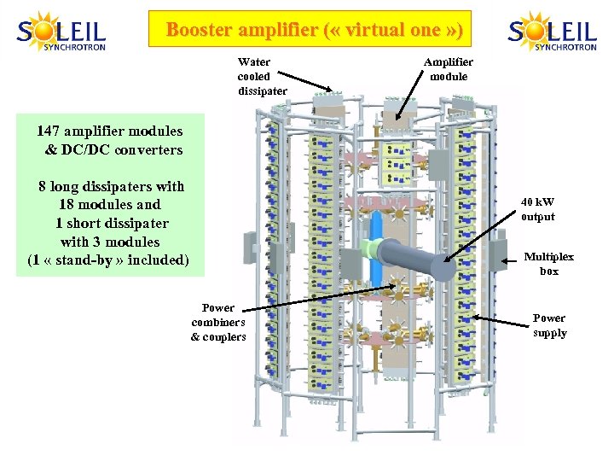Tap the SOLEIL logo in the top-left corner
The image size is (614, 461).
coord(61,32)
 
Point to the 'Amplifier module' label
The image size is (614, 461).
coord(449,69)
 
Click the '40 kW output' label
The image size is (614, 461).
coord(537,209)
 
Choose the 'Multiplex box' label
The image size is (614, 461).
coord(548,264)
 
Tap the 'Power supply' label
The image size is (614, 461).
coord(549,325)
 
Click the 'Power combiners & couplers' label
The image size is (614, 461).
coord(218,322)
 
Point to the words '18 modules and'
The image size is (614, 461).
coord(110,204)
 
